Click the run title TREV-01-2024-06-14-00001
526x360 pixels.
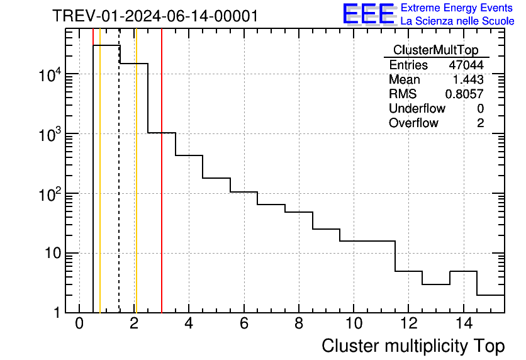click(x=155, y=16)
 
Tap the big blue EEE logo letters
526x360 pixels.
click(x=369, y=14)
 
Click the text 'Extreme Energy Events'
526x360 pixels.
click(x=457, y=8)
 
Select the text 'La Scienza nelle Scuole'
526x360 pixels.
click(x=457, y=21)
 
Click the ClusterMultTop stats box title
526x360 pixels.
click(x=435, y=50)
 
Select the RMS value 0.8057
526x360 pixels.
click(x=464, y=94)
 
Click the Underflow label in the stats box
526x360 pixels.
click(x=417, y=109)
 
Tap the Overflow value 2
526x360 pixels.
click(x=480, y=123)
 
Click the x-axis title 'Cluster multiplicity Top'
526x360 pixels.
click(x=413, y=346)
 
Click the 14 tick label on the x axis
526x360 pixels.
click(x=463, y=324)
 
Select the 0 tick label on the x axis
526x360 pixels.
click(x=79, y=324)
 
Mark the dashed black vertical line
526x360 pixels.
click(x=120, y=189)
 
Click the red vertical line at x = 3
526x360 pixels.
click(x=162, y=189)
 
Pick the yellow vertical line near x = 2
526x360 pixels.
click(x=136, y=189)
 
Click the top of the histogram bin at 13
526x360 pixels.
click(x=435, y=284)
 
